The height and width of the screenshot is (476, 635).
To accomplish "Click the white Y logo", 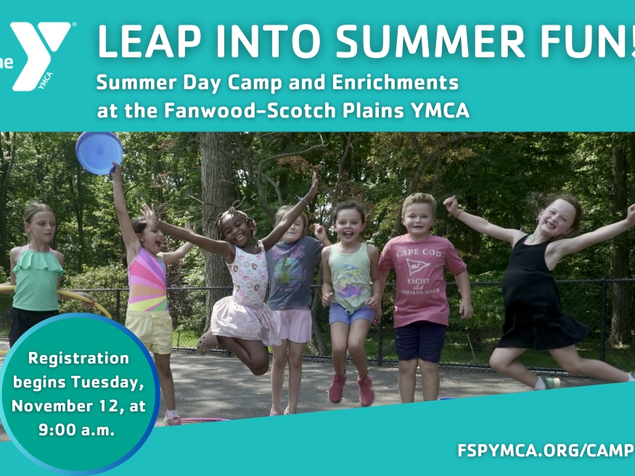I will point(41,54).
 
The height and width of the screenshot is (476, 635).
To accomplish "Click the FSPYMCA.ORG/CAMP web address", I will point(545,449).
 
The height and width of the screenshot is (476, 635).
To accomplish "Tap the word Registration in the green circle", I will point(78,358).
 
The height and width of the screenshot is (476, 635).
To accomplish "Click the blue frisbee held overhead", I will point(99,152).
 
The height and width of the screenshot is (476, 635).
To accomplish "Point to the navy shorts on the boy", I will point(420,340).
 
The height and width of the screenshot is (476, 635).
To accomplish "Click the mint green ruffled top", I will point(36,280).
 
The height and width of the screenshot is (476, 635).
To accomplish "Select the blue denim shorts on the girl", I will point(351,314).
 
